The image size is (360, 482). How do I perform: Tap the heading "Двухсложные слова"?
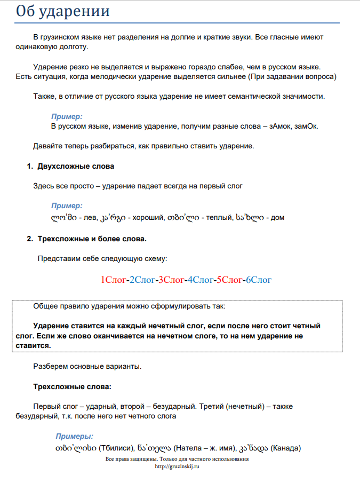coord(76,166)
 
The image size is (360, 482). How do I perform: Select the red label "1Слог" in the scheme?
coord(113,280)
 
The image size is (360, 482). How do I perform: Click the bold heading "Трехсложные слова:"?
coord(73,386)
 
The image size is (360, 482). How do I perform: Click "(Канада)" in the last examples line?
coord(286,447)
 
